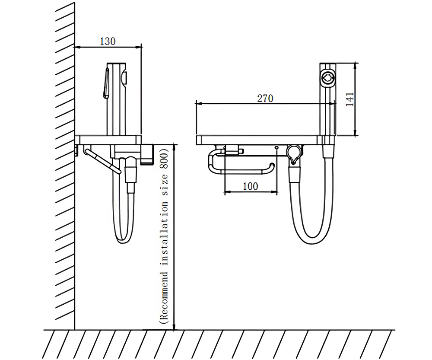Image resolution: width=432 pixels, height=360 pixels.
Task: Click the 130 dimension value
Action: pyautogui.click(x=108, y=41)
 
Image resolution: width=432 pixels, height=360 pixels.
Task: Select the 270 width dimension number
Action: pyautogui.click(x=265, y=98)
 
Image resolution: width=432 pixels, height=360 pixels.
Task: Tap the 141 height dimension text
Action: pyautogui.click(x=350, y=99)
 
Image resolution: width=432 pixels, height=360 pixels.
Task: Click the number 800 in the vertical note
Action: pyautogui.click(x=164, y=159)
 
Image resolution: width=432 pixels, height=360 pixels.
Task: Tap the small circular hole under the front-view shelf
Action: pyautogui.click(x=276, y=148)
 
